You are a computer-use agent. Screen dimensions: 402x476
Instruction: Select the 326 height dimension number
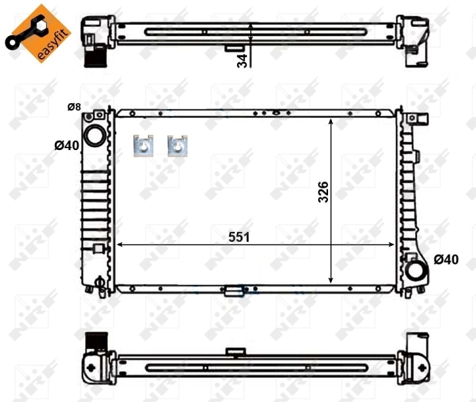point(323,192)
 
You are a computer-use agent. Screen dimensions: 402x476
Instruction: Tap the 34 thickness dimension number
point(242,60)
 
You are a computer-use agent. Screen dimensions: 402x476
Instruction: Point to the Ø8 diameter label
point(74,107)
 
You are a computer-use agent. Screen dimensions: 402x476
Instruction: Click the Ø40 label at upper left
point(67,145)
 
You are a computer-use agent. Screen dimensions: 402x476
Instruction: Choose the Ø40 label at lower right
point(446,259)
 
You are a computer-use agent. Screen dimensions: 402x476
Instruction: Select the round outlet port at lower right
point(416,271)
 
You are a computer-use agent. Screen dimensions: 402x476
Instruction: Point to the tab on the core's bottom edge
point(233,291)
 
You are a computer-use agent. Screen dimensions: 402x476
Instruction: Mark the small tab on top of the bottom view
point(234,351)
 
